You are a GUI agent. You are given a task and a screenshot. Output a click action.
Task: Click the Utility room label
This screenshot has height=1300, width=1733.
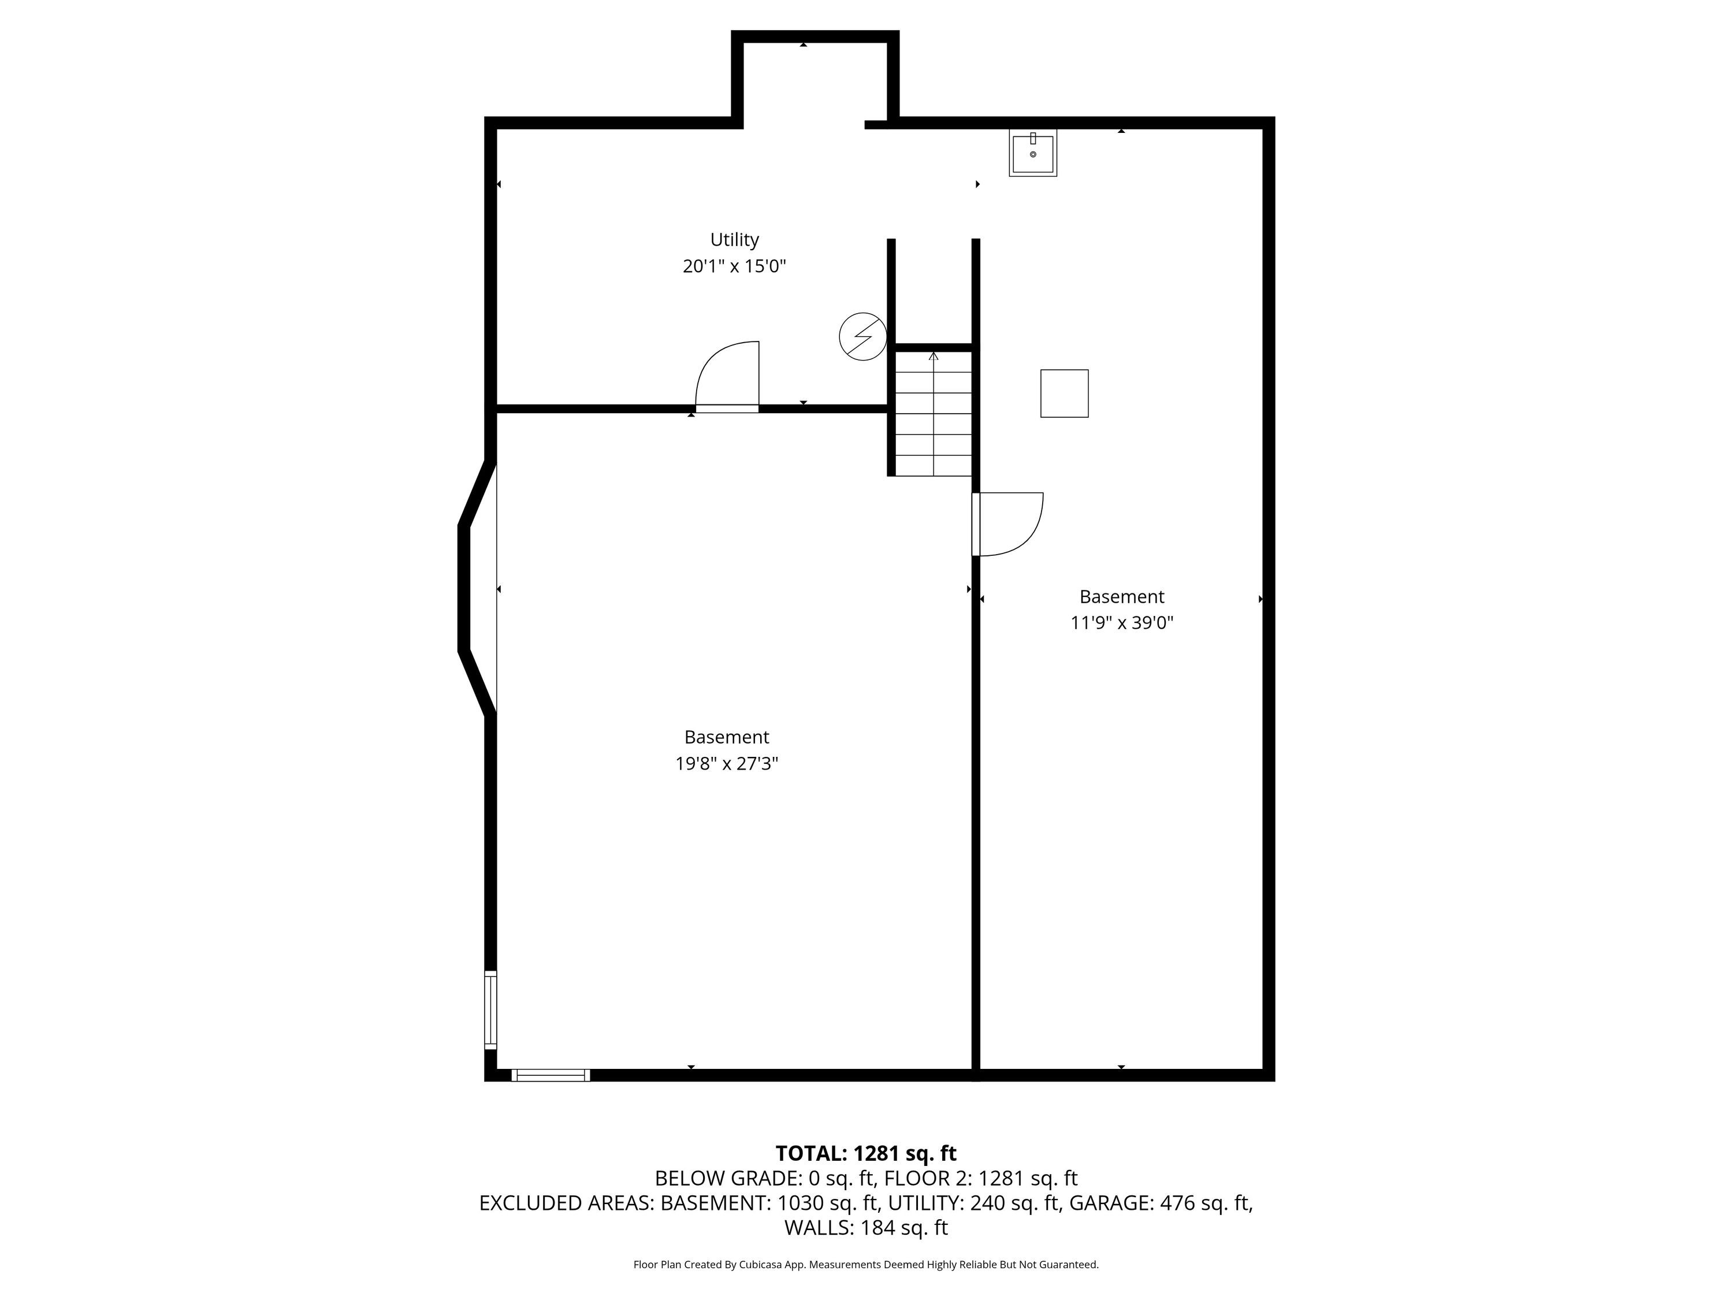pos(734,240)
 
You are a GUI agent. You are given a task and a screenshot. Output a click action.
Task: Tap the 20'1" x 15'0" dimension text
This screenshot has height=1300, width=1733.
pos(734,266)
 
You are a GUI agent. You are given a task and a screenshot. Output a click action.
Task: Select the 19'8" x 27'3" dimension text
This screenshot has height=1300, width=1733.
pos(726,763)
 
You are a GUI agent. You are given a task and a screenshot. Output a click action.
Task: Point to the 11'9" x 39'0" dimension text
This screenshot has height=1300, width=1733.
pos(1122,623)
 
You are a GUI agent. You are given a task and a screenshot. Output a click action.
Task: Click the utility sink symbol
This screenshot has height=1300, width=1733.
pos(1033,153)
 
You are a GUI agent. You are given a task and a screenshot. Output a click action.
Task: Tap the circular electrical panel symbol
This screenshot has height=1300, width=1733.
pos(862,337)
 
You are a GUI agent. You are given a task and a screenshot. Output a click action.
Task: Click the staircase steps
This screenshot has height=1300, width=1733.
pos(933,413)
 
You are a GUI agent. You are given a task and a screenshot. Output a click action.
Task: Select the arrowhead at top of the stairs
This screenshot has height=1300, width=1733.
pos(933,356)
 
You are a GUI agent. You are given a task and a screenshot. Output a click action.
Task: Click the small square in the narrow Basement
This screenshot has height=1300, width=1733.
pos(1064,393)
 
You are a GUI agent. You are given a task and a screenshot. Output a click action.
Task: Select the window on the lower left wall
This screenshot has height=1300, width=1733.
pos(490,1009)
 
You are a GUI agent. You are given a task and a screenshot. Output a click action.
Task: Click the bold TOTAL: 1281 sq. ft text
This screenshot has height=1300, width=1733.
pos(866,1153)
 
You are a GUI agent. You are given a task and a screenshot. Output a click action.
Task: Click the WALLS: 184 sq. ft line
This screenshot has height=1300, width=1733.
pos(866,1228)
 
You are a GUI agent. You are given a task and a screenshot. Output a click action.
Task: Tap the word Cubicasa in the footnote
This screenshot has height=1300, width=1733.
pos(757,1265)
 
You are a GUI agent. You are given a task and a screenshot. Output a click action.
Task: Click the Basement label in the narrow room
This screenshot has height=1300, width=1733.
pos(1122,597)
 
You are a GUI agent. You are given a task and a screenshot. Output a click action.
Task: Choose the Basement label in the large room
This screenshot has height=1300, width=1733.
pos(726,737)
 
